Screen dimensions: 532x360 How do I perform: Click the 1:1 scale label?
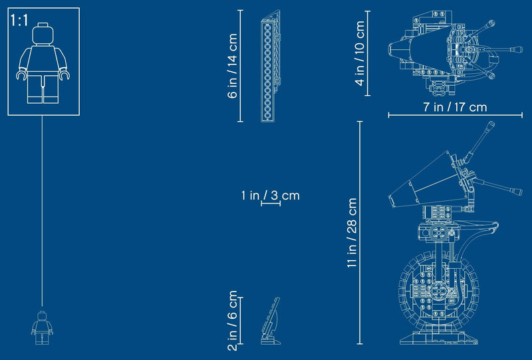click(19, 21)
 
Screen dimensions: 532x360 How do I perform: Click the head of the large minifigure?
click(43, 33)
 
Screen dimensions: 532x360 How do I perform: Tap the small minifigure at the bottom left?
click(42, 328)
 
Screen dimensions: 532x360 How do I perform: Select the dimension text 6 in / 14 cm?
click(232, 66)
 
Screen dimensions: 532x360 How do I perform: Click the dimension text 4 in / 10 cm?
click(360, 53)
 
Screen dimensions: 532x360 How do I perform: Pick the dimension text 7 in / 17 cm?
click(455, 107)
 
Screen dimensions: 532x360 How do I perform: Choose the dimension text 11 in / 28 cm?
click(352, 233)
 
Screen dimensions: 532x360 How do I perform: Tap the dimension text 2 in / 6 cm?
click(232, 320)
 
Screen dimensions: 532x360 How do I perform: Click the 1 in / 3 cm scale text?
click(271, 196)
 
